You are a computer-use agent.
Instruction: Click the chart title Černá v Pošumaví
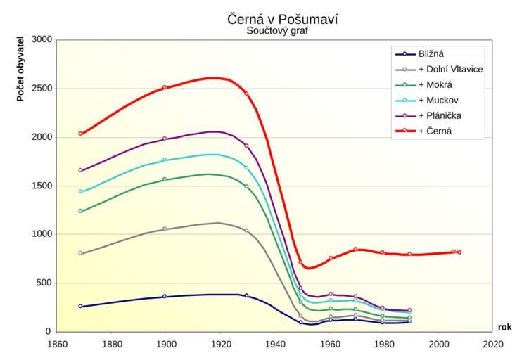[282, 19]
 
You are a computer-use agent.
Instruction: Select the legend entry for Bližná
[431, 54]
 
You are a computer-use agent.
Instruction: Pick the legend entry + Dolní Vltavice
[450, 69]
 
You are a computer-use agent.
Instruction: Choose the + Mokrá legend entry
[435, 84]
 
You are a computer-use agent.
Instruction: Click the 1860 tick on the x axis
[56, 344]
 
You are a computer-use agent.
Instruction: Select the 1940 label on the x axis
[275, 344]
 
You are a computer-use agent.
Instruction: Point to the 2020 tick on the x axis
[493, 344]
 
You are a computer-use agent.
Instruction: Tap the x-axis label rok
[505, 327]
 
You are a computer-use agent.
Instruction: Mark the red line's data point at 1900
[165, 87]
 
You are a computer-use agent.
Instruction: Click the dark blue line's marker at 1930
[246, 295]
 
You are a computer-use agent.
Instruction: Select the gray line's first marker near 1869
[81, 253]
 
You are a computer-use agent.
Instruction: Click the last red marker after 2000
[459, 252]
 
